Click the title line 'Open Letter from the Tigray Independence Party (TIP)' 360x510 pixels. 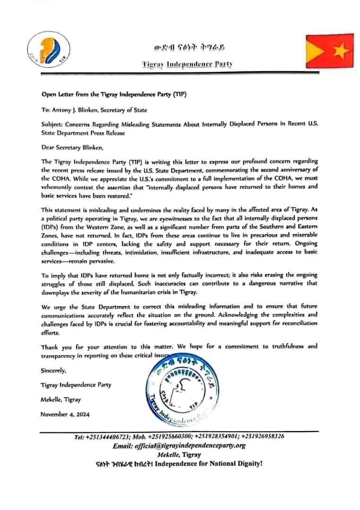coord(114,94)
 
